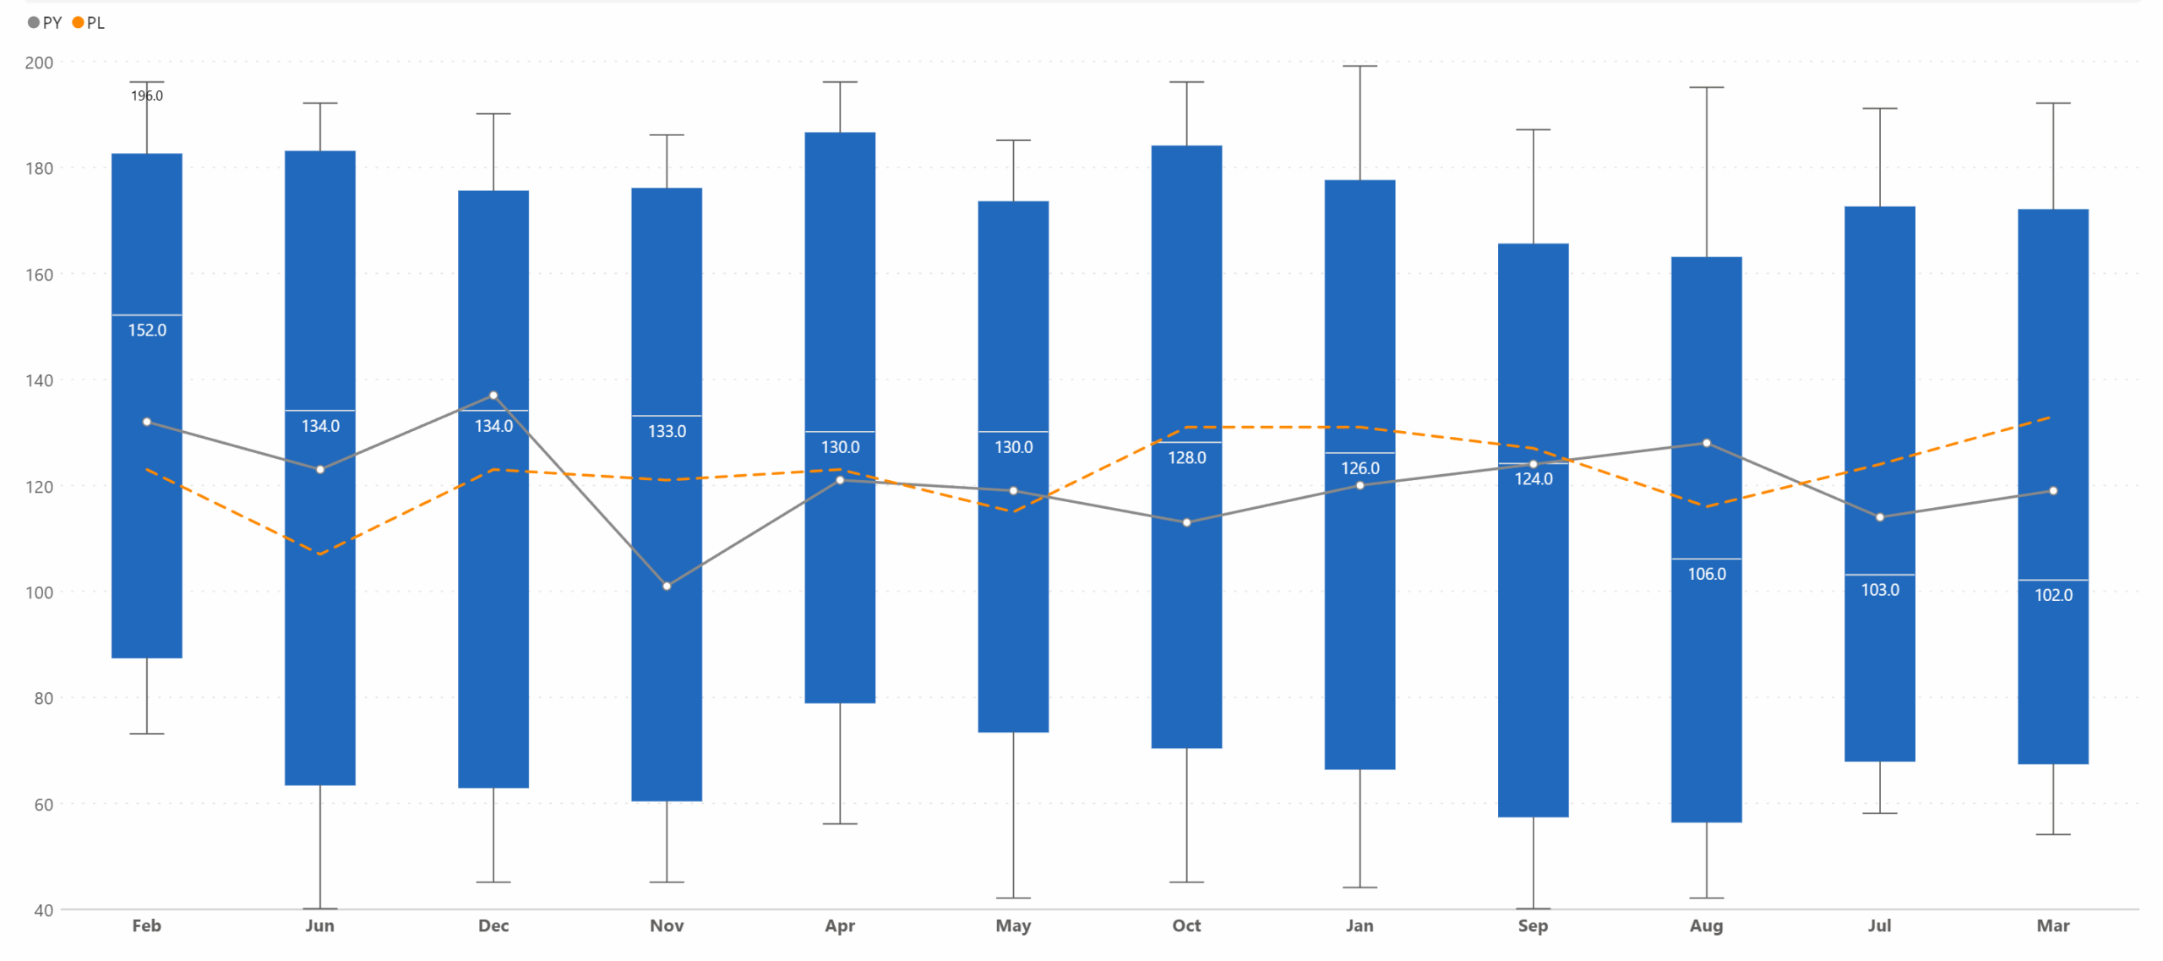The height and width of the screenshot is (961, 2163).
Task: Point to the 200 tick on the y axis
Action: (x=39, y=63)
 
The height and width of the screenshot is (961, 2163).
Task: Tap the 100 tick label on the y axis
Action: (x=39, y=592)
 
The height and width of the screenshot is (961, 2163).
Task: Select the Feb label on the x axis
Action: (x=146, y=926)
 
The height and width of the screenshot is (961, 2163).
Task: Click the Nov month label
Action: (x=667, y=926)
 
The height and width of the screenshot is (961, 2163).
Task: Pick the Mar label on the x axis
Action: (x=2052, y=926)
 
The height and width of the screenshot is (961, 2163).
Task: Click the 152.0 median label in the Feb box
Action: (x=147, y=330)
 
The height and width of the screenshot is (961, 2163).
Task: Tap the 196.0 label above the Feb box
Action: (x=147, y=96)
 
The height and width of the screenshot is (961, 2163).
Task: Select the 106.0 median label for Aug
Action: (x=1706, y=574)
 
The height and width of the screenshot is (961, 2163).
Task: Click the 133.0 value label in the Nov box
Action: (x=667, y=431)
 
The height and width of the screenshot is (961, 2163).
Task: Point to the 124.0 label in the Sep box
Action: (x=1533, y=479)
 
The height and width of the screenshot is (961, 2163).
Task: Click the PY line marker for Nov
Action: (x=667, y=586)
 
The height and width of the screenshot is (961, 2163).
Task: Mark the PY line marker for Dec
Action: (x=493, y=396)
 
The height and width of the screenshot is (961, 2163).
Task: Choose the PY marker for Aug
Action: (x=1706, y=443)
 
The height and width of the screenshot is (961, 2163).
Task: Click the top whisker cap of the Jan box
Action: (x=1359, y=66)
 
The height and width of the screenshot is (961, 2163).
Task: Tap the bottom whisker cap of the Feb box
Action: (x=147, y=734)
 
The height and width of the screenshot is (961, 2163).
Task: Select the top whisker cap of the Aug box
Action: (x=1706, y=87)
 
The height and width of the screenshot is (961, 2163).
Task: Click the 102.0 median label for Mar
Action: (x=2052, y=595)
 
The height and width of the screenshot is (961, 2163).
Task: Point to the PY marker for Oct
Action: (x=1186, y=522)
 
